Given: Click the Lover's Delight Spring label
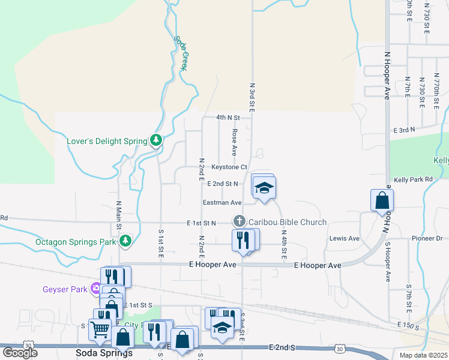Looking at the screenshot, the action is (x=106, y=142).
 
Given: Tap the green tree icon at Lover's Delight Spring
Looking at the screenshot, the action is (x=156, y=140).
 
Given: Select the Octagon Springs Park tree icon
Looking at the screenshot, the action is (x=125, y=241).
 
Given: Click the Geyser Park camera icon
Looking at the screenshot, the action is (x=96, y=289).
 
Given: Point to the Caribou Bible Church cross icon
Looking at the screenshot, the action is (x=239, y=221).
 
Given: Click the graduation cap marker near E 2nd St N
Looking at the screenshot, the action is (x=263, y=188).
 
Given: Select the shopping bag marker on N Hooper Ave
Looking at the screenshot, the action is (x=382, y=201).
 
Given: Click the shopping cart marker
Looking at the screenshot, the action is (x=99, y=329).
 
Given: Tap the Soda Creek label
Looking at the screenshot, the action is (x=181, y=53).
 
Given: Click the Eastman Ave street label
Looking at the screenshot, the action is (x=222, y=203).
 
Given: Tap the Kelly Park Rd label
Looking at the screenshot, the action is (x=413, y=179).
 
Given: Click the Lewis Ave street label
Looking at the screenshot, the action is (x=345, y=238).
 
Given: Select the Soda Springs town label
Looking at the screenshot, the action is (x=104, y=353).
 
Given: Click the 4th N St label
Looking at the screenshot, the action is (x=228, y=118).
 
